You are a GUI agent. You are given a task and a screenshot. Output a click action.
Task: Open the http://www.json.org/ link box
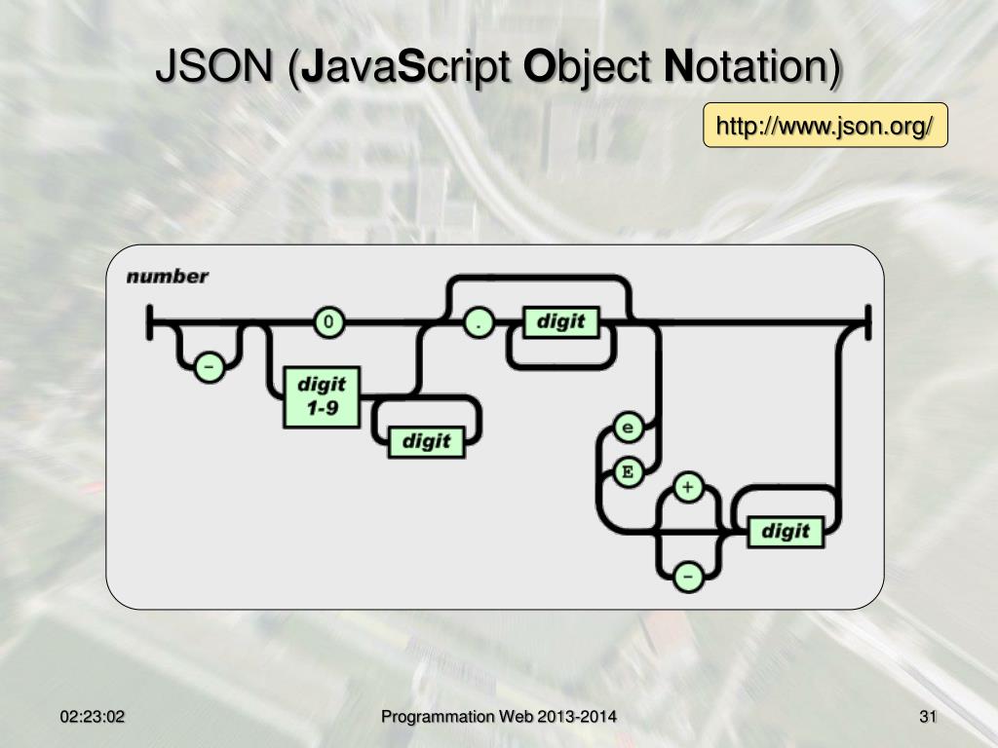tap(825, 127)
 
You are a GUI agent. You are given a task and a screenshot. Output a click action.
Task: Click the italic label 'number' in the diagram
tap(168, 277)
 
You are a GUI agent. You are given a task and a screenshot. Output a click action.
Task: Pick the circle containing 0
tap(328, 322)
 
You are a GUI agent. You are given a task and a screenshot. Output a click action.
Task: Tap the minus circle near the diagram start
tap(207, 367)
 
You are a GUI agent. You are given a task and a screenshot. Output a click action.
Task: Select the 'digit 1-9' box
tap(322, 397)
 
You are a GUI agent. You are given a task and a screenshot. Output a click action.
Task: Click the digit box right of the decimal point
tap(560, 321)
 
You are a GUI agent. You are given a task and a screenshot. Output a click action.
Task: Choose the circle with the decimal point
tap(478, 322)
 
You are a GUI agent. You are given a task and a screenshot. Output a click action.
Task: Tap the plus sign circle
tap(688, 487)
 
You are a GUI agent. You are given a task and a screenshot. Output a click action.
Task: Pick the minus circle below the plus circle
tap(688, 577)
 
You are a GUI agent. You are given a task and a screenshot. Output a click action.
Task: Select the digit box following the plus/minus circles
tap(785, 531)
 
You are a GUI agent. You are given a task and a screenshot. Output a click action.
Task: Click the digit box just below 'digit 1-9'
tap(426, 441)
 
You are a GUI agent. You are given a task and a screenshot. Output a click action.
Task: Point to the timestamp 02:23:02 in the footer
tap(93, 718)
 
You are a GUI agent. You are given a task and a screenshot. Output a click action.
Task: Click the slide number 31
tap(927, 718)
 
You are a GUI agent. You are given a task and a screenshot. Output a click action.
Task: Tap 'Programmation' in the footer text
tap(438, 718)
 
